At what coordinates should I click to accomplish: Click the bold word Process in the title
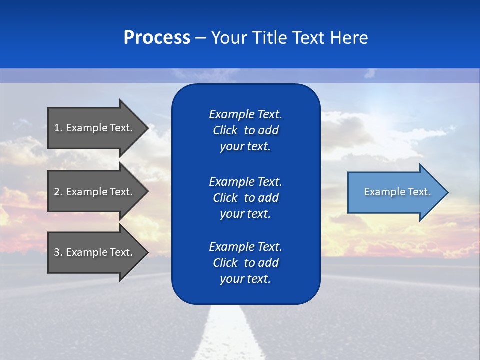click(x=157, y=38)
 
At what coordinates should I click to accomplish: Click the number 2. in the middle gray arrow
click(x=58, y=192)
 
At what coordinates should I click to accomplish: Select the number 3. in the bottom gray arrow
click(x=58, y=252)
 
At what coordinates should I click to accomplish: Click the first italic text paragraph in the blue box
click(x=245, y=130)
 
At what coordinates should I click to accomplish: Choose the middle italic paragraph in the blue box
click(x=245, y=198)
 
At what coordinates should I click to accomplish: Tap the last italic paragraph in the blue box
click(x=245, y=263)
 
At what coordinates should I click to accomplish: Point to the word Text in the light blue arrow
click(x=419, y=192)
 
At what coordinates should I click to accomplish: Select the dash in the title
click(x=200, y=38)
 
